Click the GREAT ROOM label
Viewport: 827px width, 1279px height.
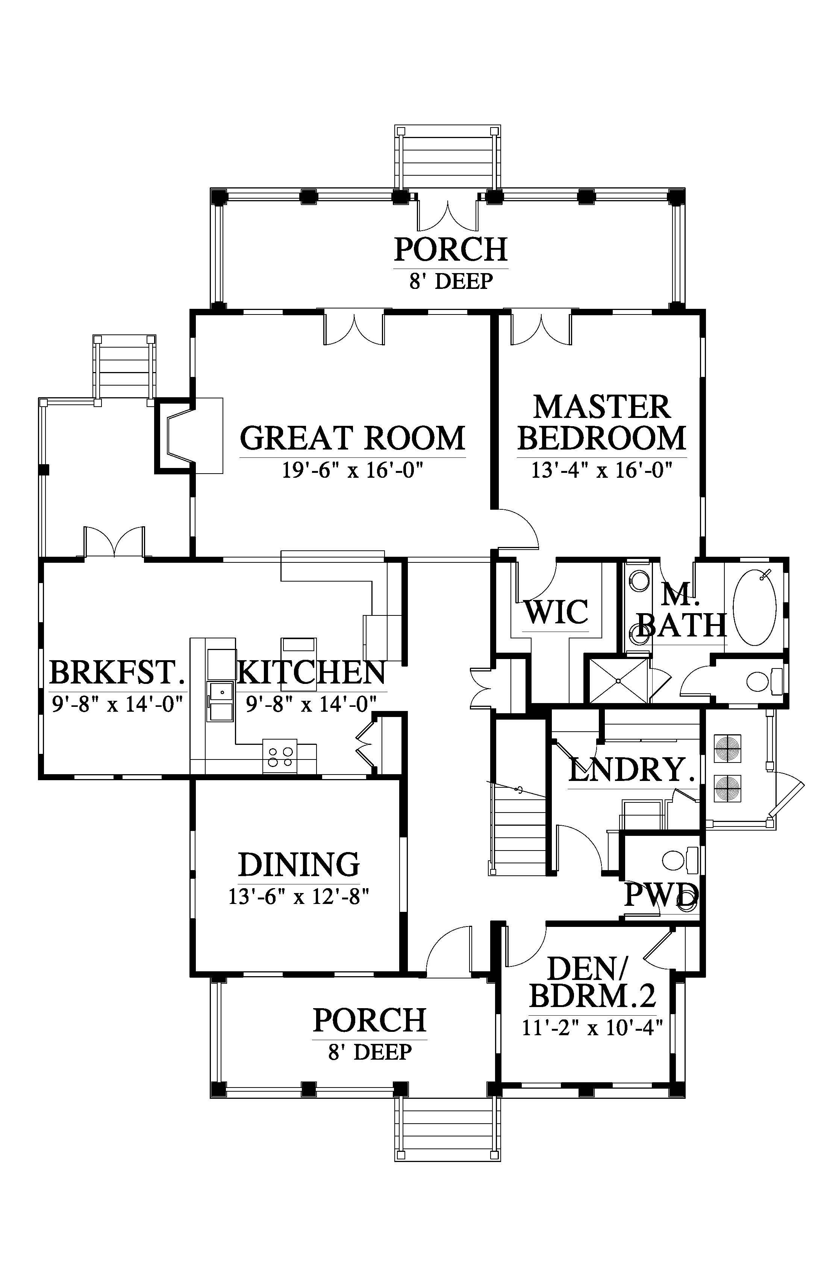352,438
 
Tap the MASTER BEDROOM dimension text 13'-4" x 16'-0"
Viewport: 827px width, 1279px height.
602,471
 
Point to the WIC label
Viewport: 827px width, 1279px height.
556,612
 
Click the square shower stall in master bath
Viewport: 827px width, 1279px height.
619,681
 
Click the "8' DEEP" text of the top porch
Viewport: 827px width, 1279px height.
451,281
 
